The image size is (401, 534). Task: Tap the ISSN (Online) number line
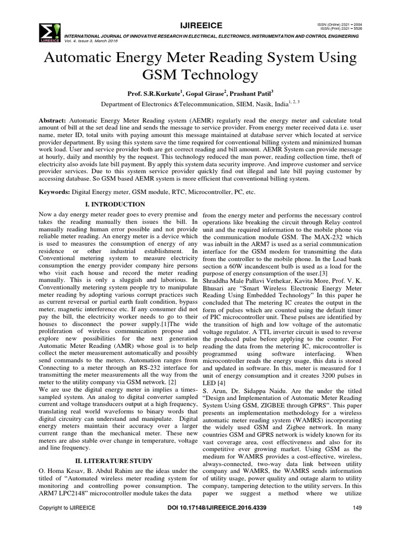coord(337,24)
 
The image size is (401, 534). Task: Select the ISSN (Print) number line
coord(338,29)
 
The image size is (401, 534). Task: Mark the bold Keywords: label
coord(55,192)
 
